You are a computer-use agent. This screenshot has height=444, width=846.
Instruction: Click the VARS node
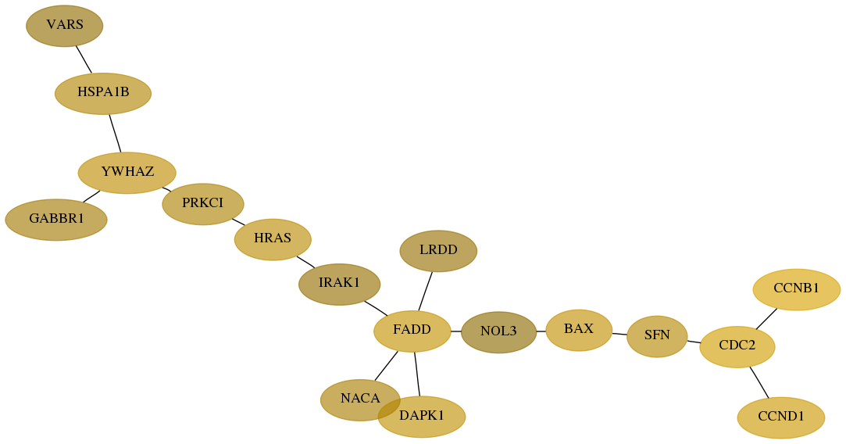pos(64,26)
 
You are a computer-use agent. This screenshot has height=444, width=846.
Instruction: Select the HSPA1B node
pos(103,94)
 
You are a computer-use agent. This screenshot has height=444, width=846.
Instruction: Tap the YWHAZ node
pos(127,173)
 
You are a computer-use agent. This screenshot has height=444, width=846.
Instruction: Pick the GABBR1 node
pos(56,220)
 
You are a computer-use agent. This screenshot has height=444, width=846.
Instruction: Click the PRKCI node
pos(203,204)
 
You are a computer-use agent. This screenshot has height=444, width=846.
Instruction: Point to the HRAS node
pos(273,239)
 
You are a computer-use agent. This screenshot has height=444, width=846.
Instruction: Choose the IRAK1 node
pos(339,284)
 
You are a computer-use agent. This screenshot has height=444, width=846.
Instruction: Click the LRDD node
pos(438,251)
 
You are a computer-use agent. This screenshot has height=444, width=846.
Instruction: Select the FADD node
pos(412,331)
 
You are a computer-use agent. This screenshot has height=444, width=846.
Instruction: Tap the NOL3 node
pos(498,332)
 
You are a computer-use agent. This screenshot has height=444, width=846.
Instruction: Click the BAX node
pos(579,330)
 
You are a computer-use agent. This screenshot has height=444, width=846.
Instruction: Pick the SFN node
pos(657,336)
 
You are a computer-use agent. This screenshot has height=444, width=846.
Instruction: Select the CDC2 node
pos(737,347)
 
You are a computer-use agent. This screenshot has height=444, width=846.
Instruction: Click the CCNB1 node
pos(796,289)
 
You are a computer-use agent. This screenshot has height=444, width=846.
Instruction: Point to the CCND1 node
pos(780,417)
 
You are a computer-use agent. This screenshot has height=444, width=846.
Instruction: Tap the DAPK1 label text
pos(421,415)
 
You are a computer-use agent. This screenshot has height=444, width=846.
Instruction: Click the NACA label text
pos(360,399)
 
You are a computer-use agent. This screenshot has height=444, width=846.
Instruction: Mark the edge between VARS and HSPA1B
pos(84,59)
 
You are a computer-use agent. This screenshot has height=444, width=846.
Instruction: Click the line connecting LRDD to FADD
pos(425,291)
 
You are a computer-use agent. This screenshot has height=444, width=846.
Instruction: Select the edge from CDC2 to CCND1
pos(759,383)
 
